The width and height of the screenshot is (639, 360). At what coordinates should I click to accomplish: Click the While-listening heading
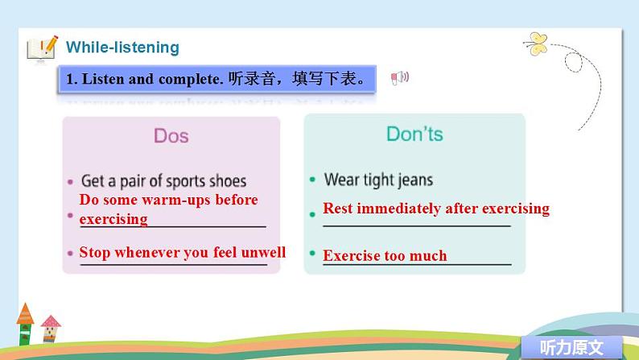(122, 48)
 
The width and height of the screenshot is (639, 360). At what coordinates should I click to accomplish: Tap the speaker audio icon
(400, 77)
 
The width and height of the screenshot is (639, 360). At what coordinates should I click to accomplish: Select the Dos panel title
(171, 135)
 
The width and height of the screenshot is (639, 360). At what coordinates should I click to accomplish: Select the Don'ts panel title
(414, 134)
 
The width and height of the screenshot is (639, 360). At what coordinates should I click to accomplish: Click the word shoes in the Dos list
(229, 181)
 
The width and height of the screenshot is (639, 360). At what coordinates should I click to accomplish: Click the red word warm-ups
(171, 200)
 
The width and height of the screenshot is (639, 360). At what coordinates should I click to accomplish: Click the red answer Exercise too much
(385, 256)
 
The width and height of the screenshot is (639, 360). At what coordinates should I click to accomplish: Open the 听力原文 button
(571, 348)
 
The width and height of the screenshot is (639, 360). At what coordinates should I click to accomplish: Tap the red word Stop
(95, 252)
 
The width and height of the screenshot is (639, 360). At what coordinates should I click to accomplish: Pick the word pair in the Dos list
(139, 181)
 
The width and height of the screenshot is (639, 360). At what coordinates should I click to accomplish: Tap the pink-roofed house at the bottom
(51, 329)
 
